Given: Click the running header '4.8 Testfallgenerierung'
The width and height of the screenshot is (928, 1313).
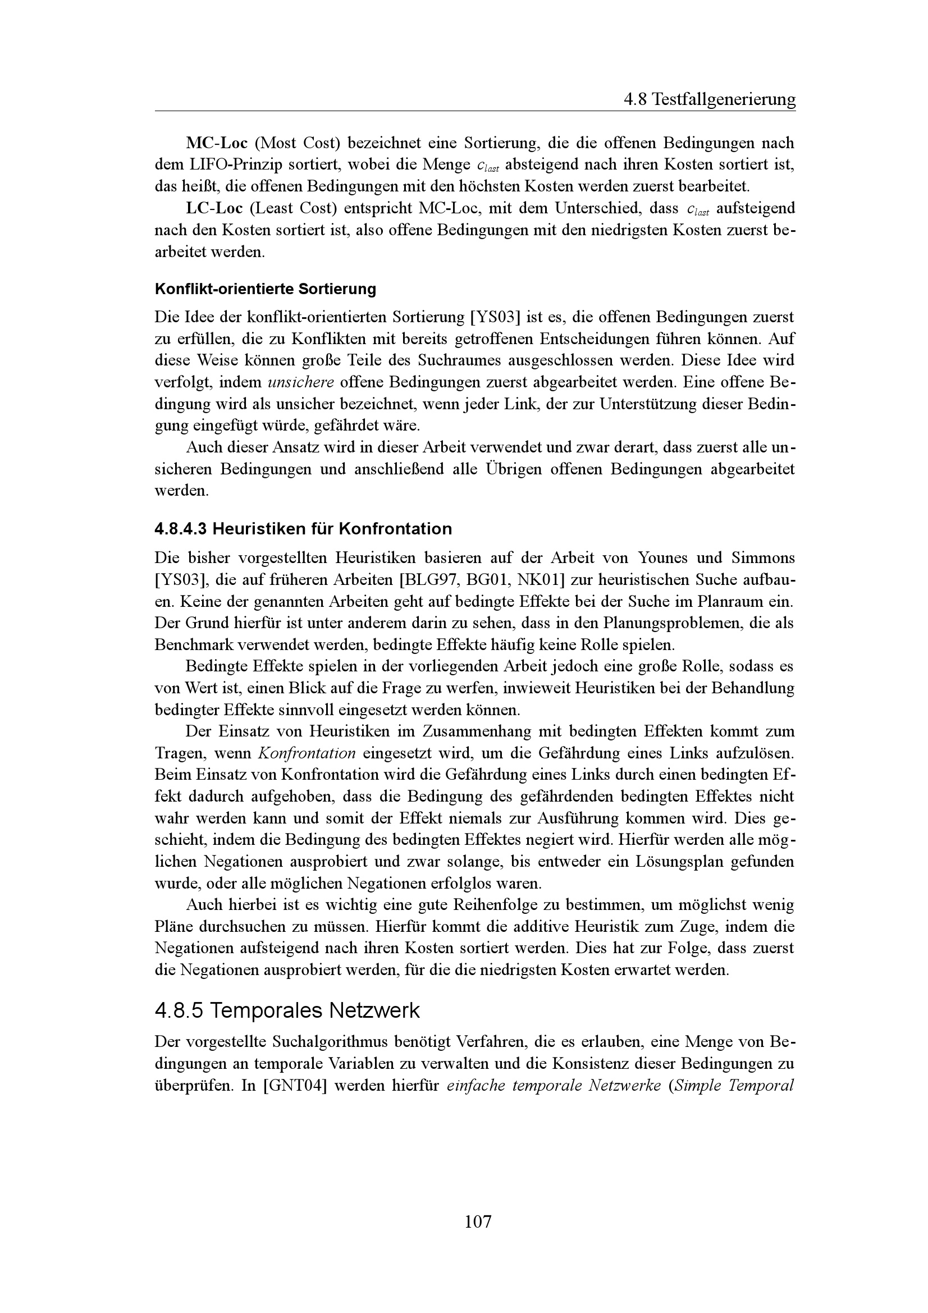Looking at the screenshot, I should tap(709, 100).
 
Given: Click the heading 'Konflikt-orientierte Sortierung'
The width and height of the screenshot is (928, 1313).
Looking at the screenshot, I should tap(266, 289).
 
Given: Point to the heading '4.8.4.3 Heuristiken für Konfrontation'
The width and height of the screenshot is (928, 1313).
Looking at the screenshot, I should tap(303, 529).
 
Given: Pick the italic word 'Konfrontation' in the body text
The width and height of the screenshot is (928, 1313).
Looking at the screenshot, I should tap(307, 753).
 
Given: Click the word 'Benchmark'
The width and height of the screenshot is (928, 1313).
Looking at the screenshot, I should tap(193, 645).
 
